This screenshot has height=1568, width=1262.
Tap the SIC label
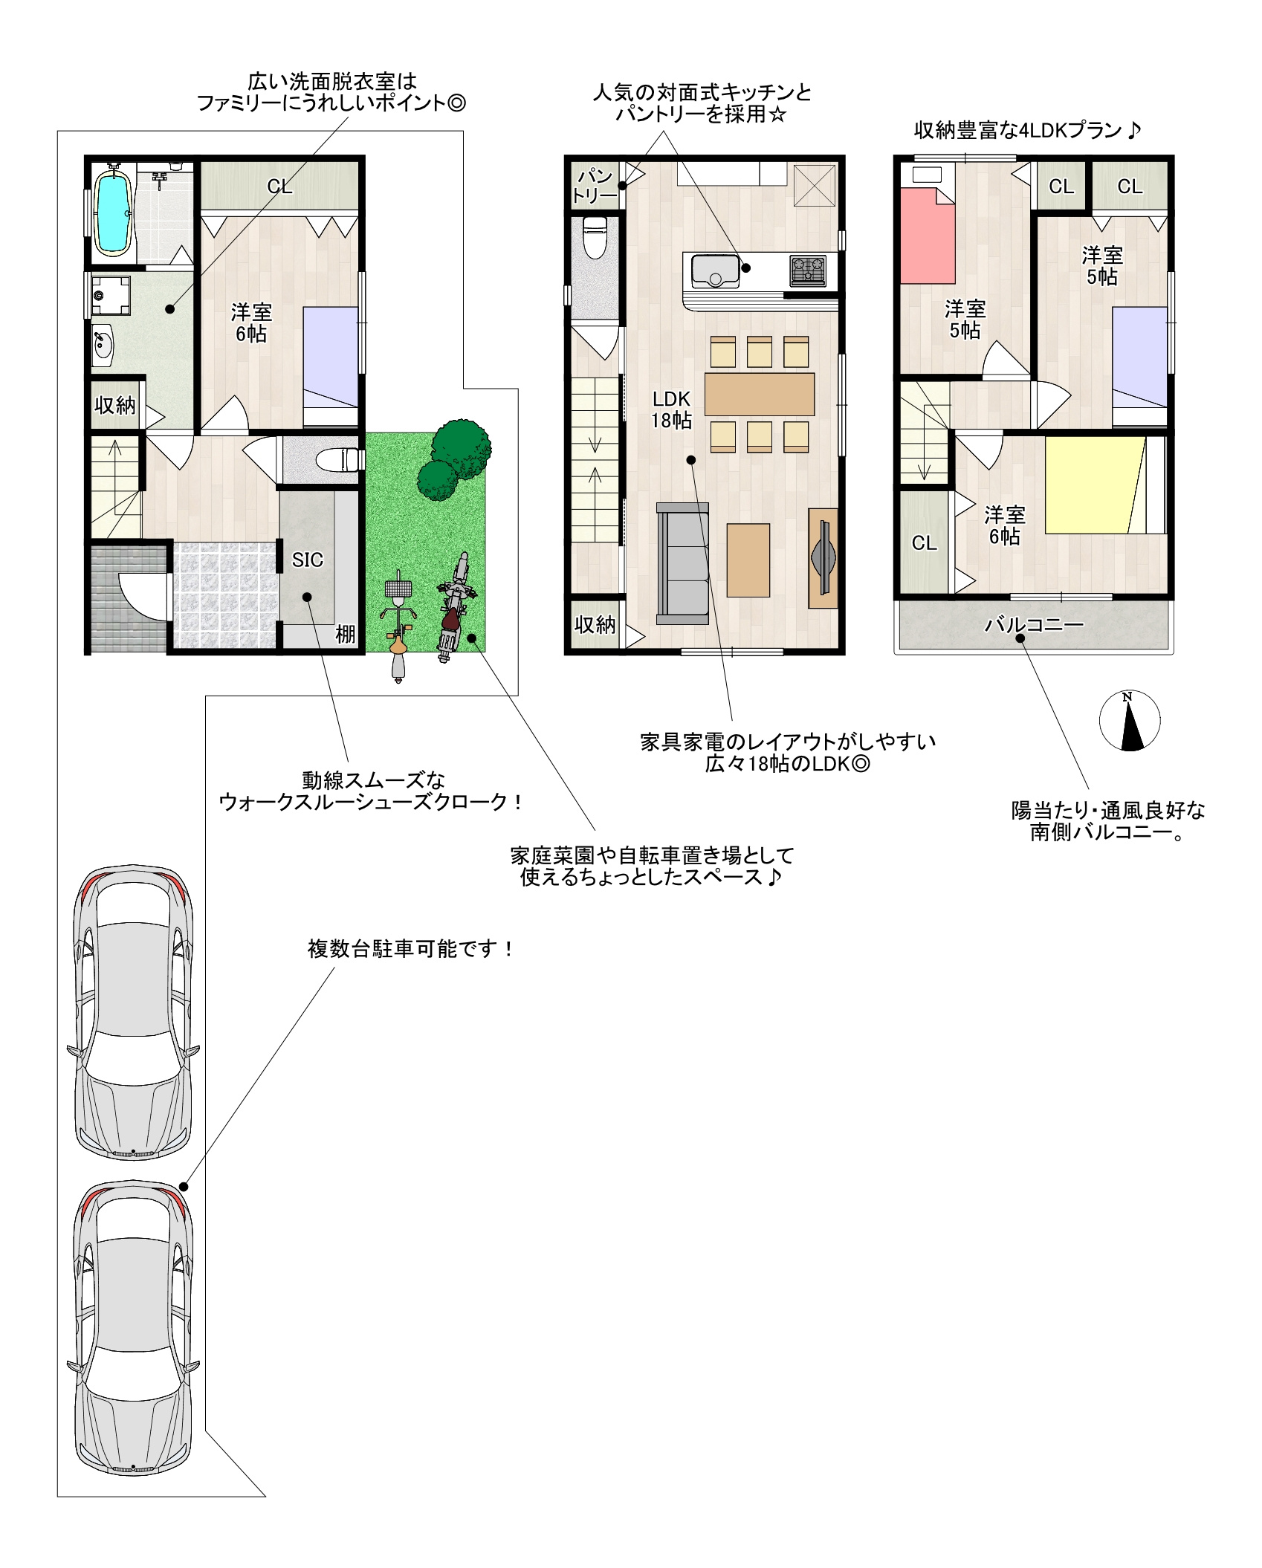307,560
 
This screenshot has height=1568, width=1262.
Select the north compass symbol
1130,720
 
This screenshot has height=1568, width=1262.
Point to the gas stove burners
808,270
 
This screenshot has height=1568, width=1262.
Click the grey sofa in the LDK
682,563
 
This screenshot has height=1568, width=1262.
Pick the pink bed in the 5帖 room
927,236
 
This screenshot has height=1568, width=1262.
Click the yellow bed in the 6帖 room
1095,485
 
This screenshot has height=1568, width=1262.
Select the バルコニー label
1034,625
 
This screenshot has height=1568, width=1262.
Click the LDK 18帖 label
671,409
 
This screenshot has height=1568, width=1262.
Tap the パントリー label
595,186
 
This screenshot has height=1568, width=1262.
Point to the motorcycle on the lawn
455,606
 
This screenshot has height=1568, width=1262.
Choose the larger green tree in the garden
461,449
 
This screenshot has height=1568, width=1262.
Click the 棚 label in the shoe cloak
346,634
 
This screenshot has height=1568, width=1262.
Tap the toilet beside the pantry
595,236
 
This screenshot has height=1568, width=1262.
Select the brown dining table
759,394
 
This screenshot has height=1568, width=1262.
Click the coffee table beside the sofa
748,560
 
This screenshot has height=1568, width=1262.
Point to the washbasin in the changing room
102,346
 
